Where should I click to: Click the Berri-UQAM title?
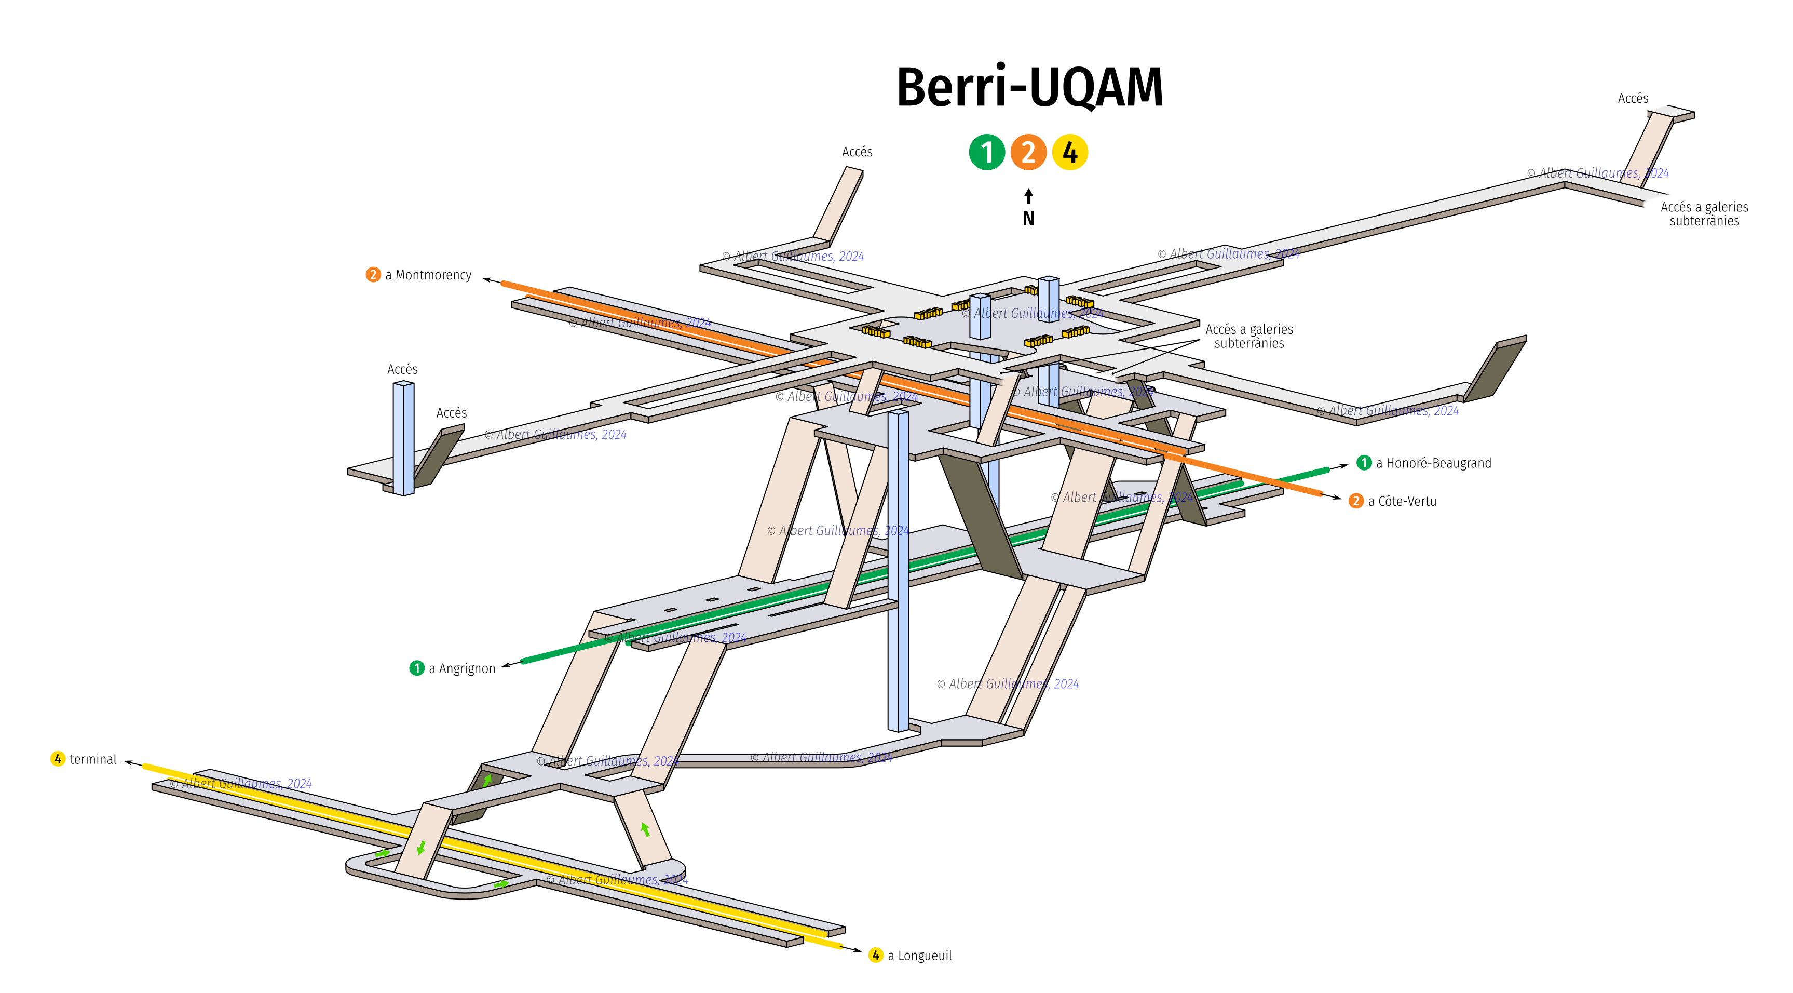[x=1029, y=88]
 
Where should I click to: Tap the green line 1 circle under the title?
[x=986, y=153]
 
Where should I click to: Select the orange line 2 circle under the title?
[x=1028, y=153]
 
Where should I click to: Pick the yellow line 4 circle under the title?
[x=1070, y=153]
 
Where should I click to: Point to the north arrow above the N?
[x=1029, y=196]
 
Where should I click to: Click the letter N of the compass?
[x=1029, y=219]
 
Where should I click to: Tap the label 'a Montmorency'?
[x=428, y=275]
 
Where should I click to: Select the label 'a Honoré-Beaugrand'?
[x=1433, y=463]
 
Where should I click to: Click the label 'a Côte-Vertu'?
[x=1402, y=501]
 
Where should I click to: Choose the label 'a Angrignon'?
[x=462, y=668]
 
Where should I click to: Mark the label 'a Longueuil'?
[x=919, y=956]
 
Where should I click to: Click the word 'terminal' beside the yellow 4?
[x=93, y=759]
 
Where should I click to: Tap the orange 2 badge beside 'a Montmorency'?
[x=373, y=274]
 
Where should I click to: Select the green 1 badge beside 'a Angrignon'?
[x=417, y=668]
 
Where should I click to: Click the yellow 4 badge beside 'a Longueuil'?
[x=876, y=956]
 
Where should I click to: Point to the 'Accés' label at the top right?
[x=1633, y=98]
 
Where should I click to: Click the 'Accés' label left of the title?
[x=857, y=152]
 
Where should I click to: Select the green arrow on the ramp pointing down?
[x=421, y=848]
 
